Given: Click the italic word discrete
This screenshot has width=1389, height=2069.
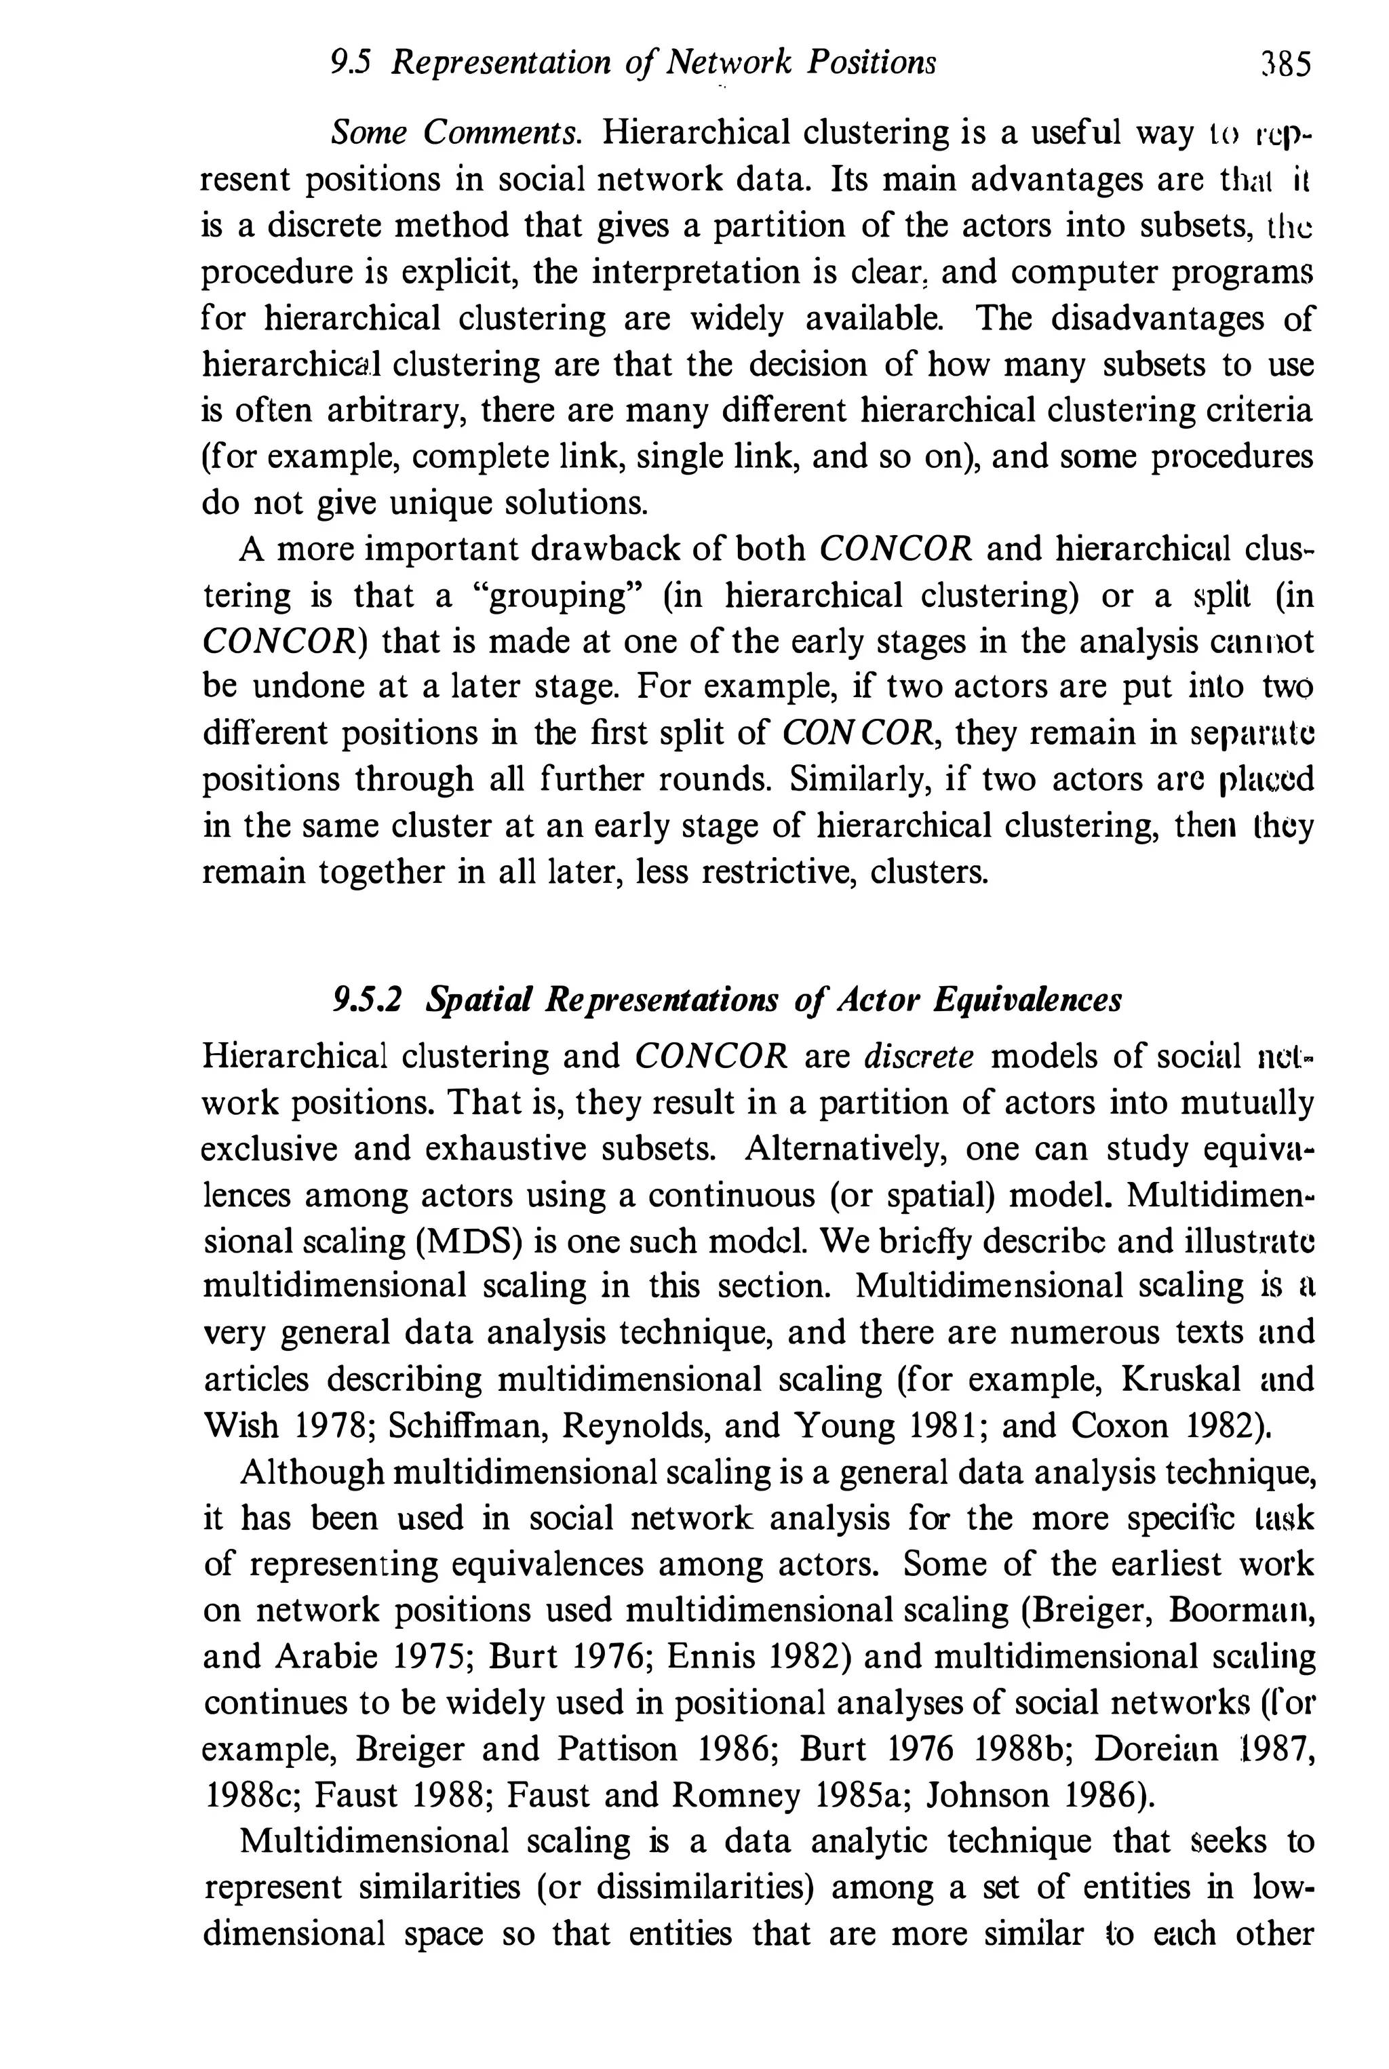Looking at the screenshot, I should coord(918,1056).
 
